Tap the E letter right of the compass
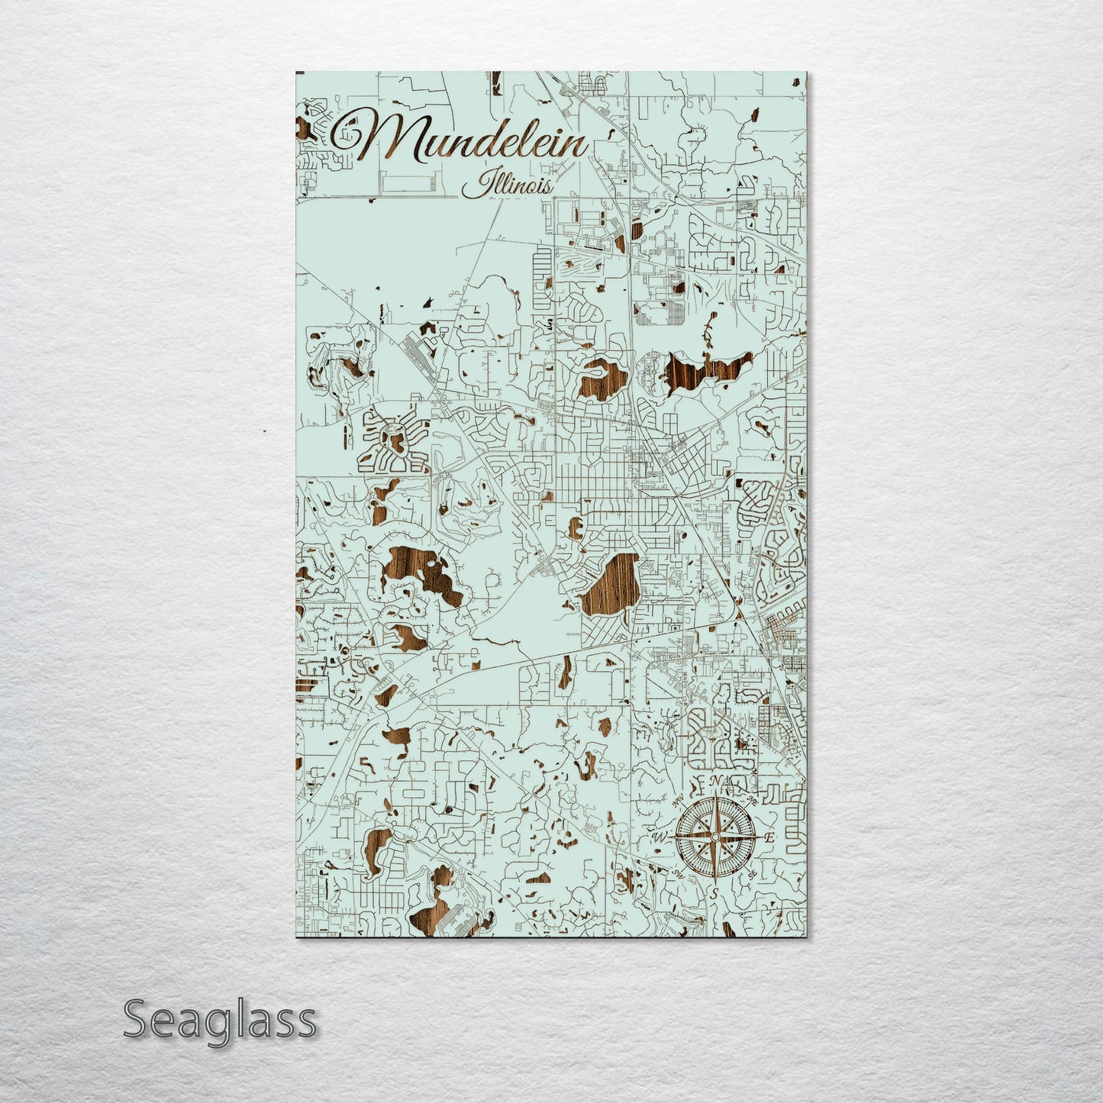pyautogui.click(x=769, y=838)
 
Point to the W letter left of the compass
pyautogui.click(x=660, y=838)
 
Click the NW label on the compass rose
pyautogui.click(x=678, y=799)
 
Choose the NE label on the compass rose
pyautogui.click(x=753, y=801)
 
